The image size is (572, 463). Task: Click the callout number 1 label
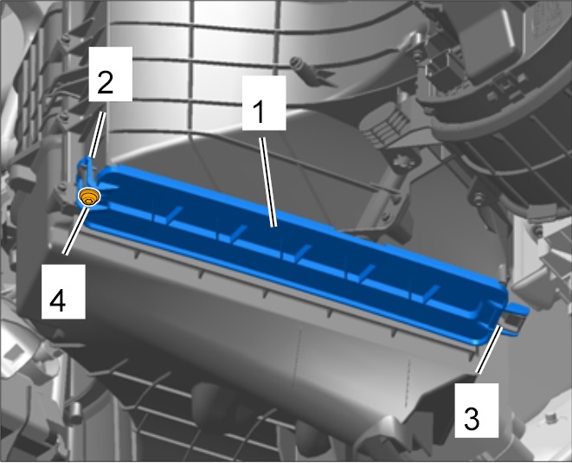click(264, 103)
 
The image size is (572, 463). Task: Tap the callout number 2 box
click(111, 74)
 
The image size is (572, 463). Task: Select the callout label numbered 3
click(476, 410)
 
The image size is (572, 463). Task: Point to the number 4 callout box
click(63, 292)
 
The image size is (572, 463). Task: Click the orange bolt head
click(89, 197)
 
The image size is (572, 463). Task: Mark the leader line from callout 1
click(267, 182)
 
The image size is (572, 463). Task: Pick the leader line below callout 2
click(98, 135)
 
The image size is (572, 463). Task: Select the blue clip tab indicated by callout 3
click(514, 318)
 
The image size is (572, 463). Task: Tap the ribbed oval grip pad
click(386, 122)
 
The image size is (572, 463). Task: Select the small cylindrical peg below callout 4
click(74, 413)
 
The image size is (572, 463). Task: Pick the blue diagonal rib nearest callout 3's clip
click(431, 293)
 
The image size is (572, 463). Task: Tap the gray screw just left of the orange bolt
click(61, 188)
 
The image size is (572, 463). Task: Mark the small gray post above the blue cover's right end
click(503, 273)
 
